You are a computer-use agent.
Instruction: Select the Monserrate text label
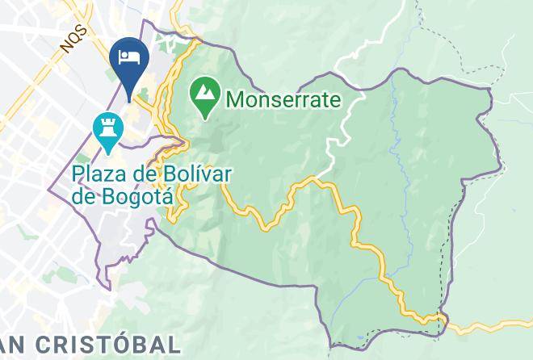click(x=283, y=99)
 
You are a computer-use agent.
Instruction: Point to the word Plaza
click(x=100, y=174)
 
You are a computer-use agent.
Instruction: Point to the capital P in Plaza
click(x=78, y=174)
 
